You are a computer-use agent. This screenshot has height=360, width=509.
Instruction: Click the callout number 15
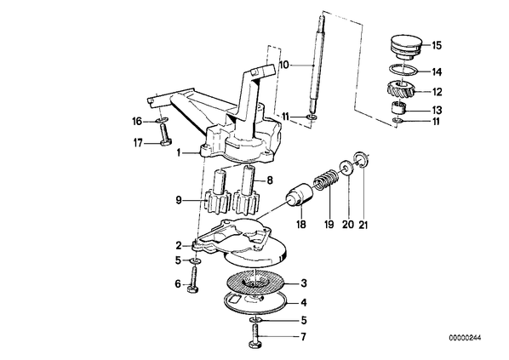[x=437, y=45]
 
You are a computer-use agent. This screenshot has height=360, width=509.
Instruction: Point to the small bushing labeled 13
[x=398, y=107]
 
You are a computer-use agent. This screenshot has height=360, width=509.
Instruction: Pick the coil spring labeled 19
[x=327, y=180]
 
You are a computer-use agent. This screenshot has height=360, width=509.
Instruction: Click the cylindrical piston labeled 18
[x=299, y=194]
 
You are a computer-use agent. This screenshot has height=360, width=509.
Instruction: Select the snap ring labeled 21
[x=360, y=159]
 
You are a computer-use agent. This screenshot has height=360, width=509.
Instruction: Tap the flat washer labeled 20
[x=346, y=167]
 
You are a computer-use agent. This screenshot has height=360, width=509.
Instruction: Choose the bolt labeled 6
[x=193, y=279]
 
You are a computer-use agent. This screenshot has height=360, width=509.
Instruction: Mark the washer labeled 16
[x=162, y=121]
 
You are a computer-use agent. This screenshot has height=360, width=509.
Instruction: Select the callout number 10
[x=283, y=65]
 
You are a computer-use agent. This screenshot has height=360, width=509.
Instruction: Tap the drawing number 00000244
[x=465, y=338]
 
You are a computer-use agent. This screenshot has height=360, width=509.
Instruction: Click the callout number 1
[x=178, y=152]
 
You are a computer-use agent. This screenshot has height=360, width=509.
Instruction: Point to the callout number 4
[x=304, y=303]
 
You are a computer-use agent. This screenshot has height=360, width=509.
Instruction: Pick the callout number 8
[x=270, y=180]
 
